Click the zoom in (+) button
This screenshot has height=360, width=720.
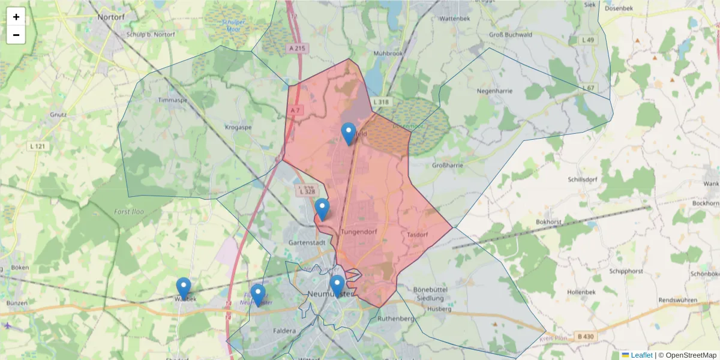click(16, 17)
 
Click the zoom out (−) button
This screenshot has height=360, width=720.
click(16, 35)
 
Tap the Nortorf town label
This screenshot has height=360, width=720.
click(111, 18)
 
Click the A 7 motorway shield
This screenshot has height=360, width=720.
click(294, 110)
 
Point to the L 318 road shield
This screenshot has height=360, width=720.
click(381, 102)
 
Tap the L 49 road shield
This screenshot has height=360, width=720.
click(589, 40)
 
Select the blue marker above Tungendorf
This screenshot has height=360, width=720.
click(322, 209)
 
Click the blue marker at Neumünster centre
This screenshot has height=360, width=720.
click(337, 286)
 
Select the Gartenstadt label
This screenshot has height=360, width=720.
click(307, 243)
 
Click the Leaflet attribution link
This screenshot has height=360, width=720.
click(641, 355)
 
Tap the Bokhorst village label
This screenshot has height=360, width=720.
click(548, 222)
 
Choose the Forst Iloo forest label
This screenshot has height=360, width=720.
click(128, 211)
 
